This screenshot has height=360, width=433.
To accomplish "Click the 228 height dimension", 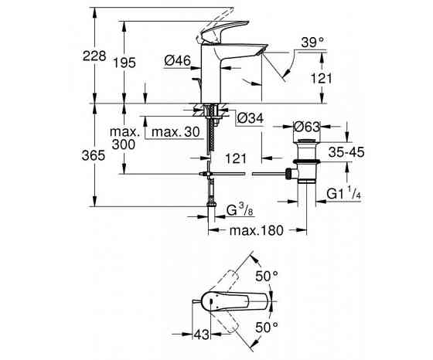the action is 94,56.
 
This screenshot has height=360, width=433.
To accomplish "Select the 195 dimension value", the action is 124,63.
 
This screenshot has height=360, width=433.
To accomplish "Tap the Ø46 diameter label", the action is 178,60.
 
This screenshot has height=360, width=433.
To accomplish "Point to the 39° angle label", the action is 312,42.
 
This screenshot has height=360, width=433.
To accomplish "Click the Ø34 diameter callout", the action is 251,118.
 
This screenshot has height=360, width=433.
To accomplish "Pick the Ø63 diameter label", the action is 307,127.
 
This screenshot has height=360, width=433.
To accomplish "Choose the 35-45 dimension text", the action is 346,152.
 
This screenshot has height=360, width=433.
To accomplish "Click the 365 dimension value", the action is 94,155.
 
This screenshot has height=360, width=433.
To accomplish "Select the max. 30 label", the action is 176,132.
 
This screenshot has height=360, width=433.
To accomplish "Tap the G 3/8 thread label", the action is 240,210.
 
